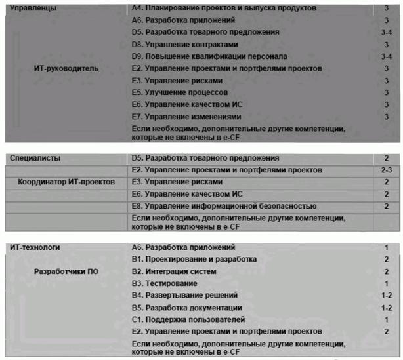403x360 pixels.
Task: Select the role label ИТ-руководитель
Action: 66,68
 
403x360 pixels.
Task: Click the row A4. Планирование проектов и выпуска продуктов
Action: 223,9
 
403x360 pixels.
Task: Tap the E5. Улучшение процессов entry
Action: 180,92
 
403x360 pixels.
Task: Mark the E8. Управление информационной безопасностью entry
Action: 224,206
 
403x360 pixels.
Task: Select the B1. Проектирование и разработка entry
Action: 194,259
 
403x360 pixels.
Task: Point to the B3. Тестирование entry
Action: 164,283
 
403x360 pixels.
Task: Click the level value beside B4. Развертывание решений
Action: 387,295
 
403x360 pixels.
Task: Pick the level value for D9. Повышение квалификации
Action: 387,56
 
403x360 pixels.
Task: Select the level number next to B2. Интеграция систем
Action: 387,271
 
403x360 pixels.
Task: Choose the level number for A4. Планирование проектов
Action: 387,9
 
